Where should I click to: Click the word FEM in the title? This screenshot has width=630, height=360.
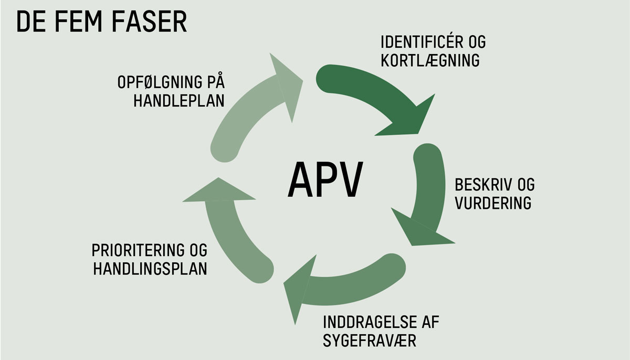[77, 22]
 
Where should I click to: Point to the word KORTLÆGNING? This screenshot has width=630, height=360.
[430, 60]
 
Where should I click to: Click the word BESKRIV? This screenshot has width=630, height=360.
[479, 185]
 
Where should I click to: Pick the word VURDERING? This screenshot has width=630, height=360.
[493, 203]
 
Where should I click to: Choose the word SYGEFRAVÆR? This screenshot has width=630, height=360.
[370, 341]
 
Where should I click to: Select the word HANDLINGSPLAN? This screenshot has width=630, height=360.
[150, 268]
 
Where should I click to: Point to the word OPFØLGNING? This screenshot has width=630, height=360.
[154, 82]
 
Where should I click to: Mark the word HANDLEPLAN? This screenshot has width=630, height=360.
[179, 101]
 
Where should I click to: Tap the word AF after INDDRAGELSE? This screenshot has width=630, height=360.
[429, 322]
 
